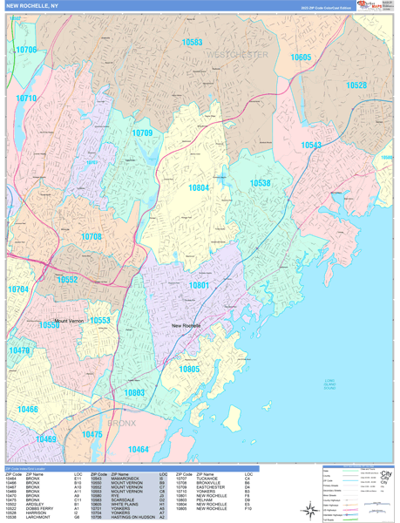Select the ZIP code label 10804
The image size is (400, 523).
(199, 187)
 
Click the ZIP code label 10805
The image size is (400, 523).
(188, 369)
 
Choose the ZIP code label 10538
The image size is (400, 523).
(260, 183)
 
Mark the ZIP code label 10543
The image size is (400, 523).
(311, 146)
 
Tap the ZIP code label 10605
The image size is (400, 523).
(301, 57)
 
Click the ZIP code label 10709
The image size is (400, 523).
(142, 132)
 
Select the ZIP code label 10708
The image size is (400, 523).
(92, 237)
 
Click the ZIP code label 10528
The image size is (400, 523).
(356, 85)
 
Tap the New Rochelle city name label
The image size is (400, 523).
(186, 325)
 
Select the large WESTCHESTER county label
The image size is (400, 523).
(237, 54)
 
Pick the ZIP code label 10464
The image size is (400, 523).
(139, 449)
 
